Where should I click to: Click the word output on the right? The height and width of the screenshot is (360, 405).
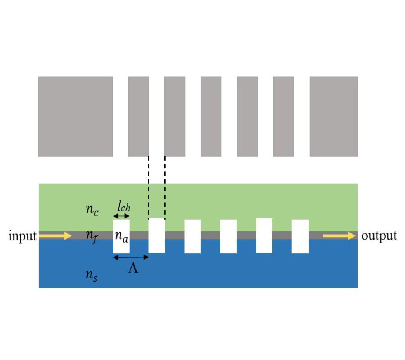[379, 236]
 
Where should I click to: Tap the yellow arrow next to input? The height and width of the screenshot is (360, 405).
[55, 236]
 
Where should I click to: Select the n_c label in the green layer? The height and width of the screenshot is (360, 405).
[92, 210]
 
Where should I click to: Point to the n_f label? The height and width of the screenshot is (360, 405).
[92, 235]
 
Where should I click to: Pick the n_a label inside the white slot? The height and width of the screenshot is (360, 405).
[121, 236]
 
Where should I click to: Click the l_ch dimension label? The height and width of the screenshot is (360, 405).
[124, 208]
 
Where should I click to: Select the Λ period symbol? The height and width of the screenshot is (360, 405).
[133, 269]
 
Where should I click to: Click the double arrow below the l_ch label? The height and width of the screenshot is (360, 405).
[121, 216]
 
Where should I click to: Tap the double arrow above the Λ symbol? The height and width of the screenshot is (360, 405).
[130, 257]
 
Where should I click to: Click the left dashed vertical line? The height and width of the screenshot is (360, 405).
[148, 187]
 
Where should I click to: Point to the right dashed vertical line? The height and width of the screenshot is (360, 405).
[165, 187]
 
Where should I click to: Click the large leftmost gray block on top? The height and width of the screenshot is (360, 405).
[75, 117]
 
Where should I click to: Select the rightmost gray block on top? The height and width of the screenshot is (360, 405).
[333, 117]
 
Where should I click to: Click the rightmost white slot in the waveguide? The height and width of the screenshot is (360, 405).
[300, 236]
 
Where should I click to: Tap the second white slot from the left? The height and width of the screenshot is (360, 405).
[157, 235]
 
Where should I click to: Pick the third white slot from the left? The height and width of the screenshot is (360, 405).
[193, 236]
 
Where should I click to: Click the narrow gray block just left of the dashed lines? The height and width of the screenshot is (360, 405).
[139, 117]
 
